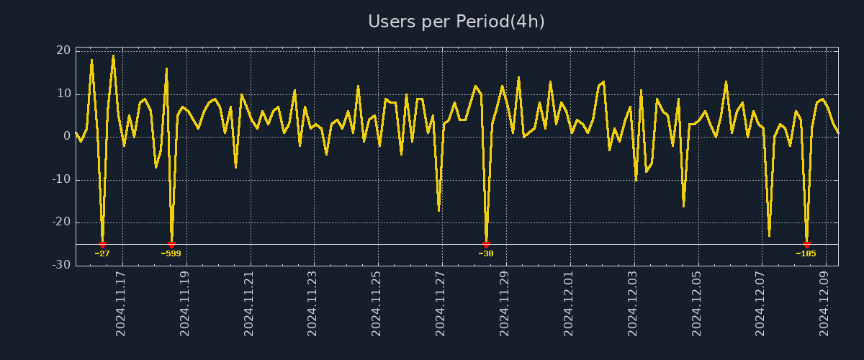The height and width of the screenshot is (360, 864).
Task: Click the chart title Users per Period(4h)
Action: pos(456,22)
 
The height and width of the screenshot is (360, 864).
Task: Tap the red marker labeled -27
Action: pos(102,245)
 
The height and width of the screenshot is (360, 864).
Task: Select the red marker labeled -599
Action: pos(171,245)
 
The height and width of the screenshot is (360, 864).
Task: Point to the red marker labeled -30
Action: pos(486,245)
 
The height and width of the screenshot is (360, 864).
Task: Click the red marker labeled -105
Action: pos(806,245)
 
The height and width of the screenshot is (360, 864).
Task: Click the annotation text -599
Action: pos(171,253)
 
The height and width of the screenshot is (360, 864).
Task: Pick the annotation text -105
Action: pos(806,253)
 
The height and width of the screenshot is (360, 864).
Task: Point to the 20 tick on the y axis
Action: pos(63,50)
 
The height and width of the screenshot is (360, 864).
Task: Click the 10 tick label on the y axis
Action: pos(63,94)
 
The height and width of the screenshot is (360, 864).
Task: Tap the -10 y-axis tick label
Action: pos(61,179)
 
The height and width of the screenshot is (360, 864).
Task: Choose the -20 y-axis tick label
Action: pos(61,222)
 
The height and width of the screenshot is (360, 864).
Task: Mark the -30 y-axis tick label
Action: pos(61,265)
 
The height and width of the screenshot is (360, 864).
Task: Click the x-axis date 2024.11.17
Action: pos(121,303)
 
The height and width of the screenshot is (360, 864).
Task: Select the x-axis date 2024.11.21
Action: pos(248,303)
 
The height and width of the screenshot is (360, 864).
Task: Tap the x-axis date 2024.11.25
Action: pos(376,303)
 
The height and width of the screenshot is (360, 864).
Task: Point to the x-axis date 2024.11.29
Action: pos(504,303)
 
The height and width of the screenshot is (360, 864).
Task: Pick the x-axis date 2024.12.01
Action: pos(568,303)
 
